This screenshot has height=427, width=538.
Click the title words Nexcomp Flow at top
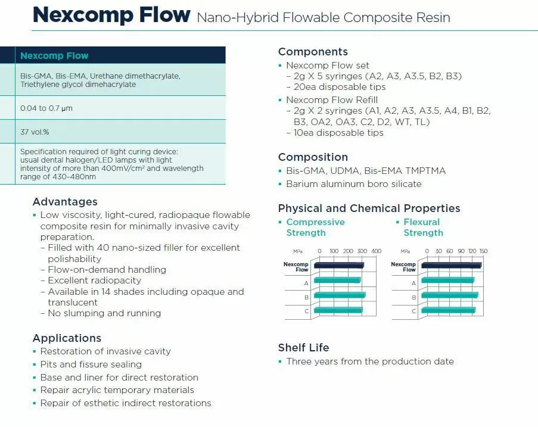point(111,15)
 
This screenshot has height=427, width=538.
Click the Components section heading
point(313,52)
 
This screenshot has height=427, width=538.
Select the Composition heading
point(313,157)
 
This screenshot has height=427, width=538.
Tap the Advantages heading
point(65,201)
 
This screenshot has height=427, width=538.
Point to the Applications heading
point(67,338)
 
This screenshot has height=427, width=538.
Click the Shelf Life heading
point(303,348)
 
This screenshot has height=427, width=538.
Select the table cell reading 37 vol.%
point(35,132)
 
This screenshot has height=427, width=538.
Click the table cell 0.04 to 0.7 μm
point(46,108)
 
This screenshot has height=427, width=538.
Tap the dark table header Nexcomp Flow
point(54,56)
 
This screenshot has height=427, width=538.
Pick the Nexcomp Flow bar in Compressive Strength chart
point(338,265)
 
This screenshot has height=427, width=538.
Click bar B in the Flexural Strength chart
point(449,295)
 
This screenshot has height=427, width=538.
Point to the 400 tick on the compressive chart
point(376,251)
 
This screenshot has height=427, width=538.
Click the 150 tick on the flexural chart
point(483,251)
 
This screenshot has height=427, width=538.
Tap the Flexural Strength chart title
point(423,227)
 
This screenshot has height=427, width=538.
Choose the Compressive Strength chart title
point(315,227)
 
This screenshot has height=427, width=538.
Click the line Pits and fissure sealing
point(91,364)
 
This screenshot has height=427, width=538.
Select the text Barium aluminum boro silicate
point(353,184)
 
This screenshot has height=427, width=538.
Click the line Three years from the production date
point(369,361)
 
